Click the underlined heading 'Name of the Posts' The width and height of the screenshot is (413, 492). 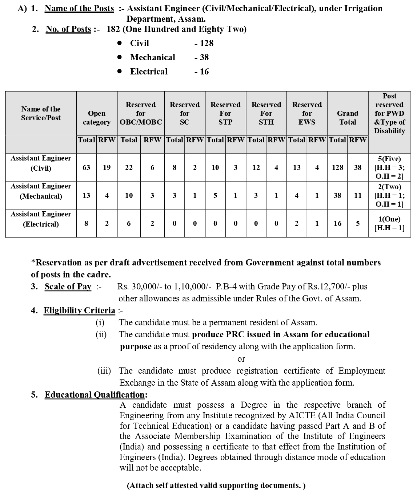point(79,8)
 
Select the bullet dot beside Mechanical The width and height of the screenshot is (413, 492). point(120,57)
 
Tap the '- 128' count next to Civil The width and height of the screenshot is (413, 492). point(204,43)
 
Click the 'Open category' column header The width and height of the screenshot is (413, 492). point(97,118)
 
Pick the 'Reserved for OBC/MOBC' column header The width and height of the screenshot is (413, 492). point(141,113)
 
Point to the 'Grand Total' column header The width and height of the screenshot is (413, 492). point(348,118)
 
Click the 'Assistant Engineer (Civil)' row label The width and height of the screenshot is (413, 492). point(41,163)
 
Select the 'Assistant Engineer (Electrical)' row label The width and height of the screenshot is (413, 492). point(41,219)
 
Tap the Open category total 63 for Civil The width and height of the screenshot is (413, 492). point(87,167)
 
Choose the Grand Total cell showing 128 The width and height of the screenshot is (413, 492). point(337,167)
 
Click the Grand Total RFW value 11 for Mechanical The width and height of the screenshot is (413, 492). point(358,195)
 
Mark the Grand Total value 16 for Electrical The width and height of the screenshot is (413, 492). point(337,223)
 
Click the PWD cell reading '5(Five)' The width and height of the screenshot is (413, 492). point(389,159)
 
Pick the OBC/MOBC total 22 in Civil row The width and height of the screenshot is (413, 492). point(129,167)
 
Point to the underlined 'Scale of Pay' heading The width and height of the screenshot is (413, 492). point(68,286)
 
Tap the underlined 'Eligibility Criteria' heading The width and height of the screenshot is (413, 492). point(79,310)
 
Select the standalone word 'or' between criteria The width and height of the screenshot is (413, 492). point(241,359)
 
